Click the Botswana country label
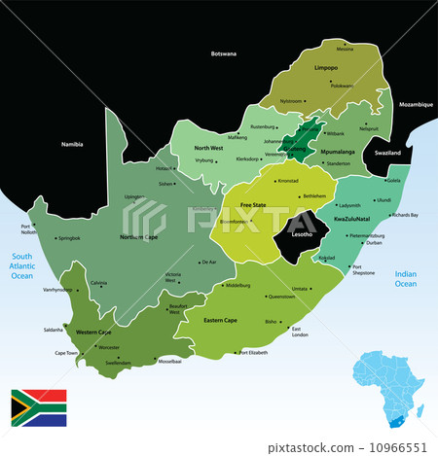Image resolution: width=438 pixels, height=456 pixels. [224, 53]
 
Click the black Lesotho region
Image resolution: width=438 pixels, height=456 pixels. [295, 233]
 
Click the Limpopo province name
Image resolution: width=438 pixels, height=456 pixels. [326, 69]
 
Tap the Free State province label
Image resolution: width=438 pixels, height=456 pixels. [253, 205]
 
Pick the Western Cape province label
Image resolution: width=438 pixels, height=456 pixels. [92, 332]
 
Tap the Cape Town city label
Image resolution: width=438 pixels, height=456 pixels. [65, 353]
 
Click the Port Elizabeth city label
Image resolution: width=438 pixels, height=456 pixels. [253, 352]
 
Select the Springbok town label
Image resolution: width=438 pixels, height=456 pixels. [68, 237]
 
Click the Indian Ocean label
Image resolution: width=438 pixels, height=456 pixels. [405, 279]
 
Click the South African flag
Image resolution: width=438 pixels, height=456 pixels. [38, 407]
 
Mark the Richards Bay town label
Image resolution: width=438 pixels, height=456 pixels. [404, 215]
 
